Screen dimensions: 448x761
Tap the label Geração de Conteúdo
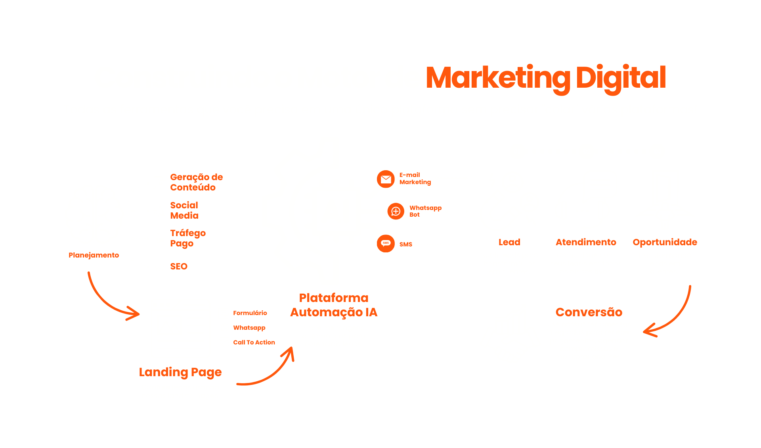click(x=196, y=182)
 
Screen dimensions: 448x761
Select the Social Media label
click(x=184, y=210)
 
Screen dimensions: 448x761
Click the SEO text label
click(x=179, y=266)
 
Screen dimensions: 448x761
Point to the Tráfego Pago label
click(x=187, y=238)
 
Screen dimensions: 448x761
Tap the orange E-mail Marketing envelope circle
click(x=386, y=179)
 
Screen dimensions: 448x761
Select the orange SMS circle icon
click(x=386, y=243)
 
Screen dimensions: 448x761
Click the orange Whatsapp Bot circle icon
click(x=396, y=211)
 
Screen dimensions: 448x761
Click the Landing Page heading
click(x=180, y=372)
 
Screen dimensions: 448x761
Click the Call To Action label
click(x=254, y=342)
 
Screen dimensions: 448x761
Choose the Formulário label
click(x=250, y=313)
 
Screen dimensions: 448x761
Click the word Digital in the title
click(x=620, y=78)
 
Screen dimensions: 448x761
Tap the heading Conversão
click(x=589, y=312)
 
